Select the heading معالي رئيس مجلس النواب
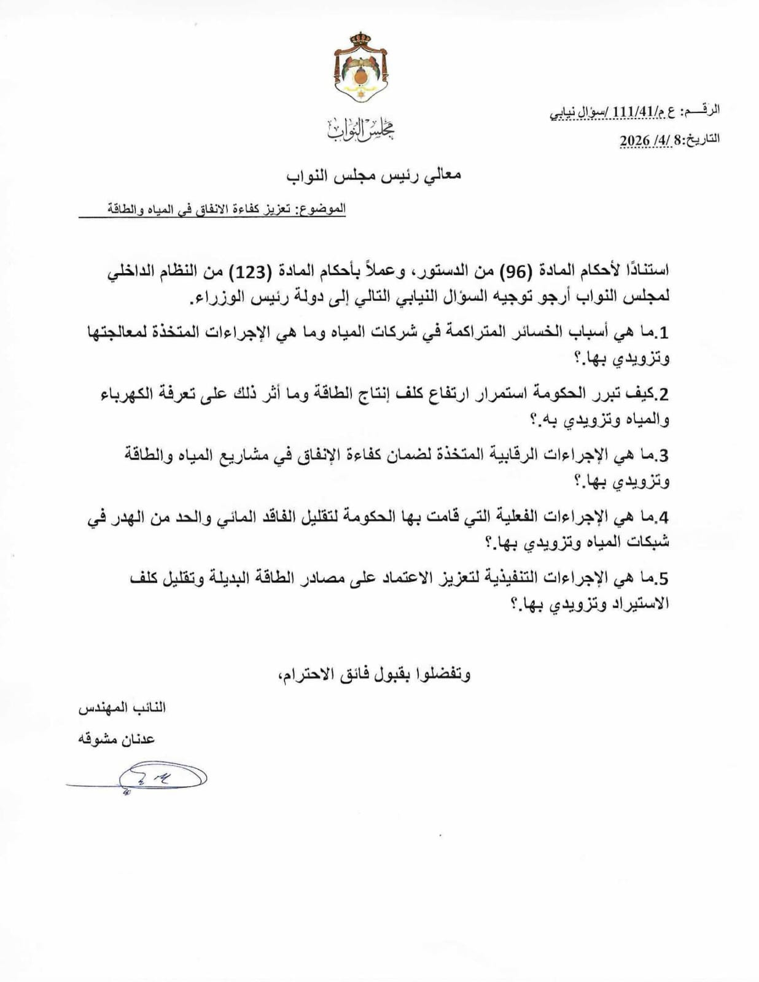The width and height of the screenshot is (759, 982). coord(373,175)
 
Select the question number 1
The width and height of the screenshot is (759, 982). coord(663,333)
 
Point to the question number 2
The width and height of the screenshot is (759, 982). coord(663,394)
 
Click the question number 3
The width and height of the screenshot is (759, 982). coord(663,455)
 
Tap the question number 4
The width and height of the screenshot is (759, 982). coord(663,517)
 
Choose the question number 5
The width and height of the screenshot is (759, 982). coord(663,578)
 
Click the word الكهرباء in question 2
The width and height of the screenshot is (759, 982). coord(125,394)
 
